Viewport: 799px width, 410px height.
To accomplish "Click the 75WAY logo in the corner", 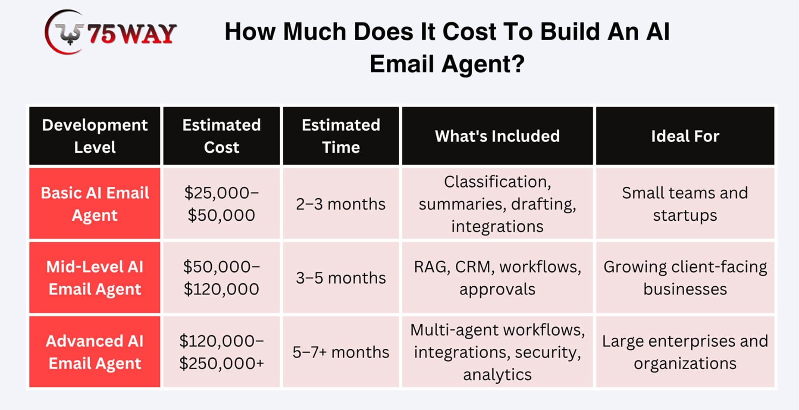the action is pos(110,32).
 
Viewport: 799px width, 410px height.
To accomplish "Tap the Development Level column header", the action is pos(95,136).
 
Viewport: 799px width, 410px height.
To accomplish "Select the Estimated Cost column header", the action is pos(222,136).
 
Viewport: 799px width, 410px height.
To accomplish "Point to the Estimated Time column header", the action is pos(341,136).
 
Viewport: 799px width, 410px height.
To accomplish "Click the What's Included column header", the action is pos(498,136).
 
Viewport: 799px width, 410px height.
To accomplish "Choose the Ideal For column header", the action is pos(685,136).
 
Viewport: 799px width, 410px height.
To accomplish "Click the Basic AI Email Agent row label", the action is pos(95,203).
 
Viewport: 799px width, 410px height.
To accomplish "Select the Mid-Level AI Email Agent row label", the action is pos(95,278).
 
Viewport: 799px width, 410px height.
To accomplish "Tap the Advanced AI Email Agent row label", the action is pos(95,352).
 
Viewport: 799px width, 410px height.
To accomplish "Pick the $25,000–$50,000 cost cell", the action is pos(222,203).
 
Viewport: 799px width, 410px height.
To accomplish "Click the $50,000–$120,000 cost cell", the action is pos(222,278).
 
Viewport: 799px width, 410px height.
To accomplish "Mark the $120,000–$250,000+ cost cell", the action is pos(222,352).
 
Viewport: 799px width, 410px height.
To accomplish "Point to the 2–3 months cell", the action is pos(341,203).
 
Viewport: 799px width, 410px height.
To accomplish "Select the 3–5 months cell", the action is pos(341,278).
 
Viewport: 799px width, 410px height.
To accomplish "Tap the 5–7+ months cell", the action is pos(341,352).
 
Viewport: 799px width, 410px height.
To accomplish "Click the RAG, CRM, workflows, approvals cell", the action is pos(498,278).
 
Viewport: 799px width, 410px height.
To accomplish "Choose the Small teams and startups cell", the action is pos(685,203).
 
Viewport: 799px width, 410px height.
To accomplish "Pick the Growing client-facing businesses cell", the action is pos(685,278).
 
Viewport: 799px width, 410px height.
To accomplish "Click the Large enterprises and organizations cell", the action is pos(685,352).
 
